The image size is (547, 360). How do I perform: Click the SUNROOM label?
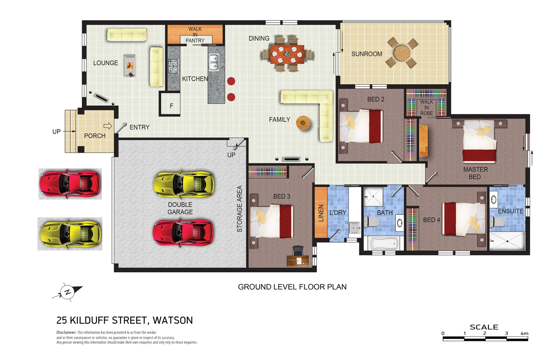[x=366, y=54]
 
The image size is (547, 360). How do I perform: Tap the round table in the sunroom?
[x=402, y=53]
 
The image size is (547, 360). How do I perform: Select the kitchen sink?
[x=214, y=62]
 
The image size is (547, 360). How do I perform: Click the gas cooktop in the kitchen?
[x=173, y=66]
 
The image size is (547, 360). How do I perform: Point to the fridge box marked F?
[x=170, y=104]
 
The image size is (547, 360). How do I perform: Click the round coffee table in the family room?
[x=303, y=123]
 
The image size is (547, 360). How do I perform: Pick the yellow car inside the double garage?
[x=184, y=184]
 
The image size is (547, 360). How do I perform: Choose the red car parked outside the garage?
[x=70, y=184]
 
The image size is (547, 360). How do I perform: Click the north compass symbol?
[x=67, y=292]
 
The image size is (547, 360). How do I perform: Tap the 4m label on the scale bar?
[x=524, y=333]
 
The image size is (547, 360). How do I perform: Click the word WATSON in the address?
[x=173, y=320]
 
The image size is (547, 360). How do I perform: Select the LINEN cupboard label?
[x=321, y=213]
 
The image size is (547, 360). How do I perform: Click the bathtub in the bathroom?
[x=382, y=243]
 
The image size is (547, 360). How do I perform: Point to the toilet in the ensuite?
[x=497, y=222]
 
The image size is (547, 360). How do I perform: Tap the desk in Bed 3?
[x=298, y=261]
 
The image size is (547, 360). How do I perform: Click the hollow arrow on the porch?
[x=108, y=126]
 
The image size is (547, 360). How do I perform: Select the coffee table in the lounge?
[x=130, y=66]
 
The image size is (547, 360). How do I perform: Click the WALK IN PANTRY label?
[x=195, y=35]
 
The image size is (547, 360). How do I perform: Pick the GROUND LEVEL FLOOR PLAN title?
[x=292, y=287]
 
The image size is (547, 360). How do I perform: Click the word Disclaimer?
[x=66, y=332]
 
